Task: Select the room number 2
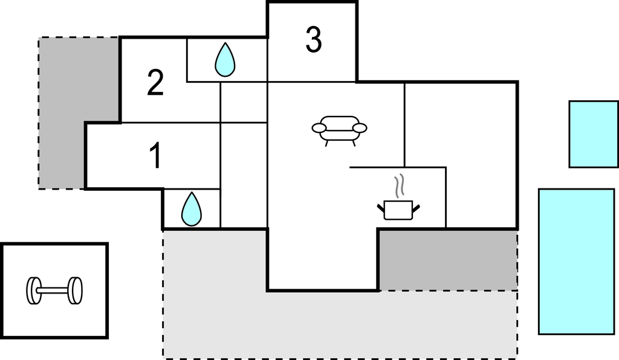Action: click(155, 82)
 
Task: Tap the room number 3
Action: click(314, 40)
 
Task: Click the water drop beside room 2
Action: click(225, 60)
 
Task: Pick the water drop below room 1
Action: click(192, 210)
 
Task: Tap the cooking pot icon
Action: click(398, 210)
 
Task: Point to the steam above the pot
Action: click(400, 185)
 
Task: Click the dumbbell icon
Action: click(54, 291)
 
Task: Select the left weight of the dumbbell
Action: click(34, 291)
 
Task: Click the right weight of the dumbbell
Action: click(75, 291)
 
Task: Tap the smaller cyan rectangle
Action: click(594, 134)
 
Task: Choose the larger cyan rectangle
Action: click(577, 262)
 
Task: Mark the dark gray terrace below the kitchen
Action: click(449, 260)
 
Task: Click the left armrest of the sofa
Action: click(319, 128)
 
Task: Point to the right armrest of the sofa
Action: click(360, 128)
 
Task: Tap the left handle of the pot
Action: click(381, 207)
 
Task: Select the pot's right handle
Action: click(416, 207)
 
